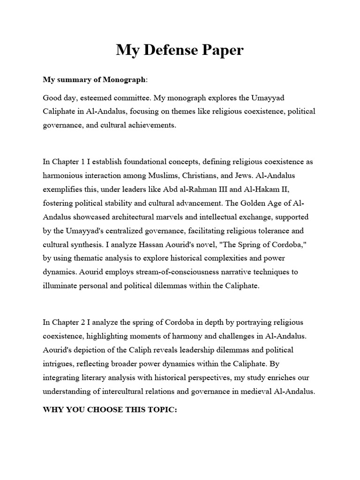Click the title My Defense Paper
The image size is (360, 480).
coord(180,50)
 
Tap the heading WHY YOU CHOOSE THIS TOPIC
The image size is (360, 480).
coord(110,409)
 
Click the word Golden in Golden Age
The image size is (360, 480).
coord(252,202)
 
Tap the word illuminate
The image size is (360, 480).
coord(61,285)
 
